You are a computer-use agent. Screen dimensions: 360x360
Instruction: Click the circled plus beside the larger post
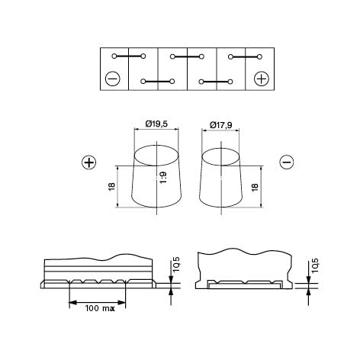88,162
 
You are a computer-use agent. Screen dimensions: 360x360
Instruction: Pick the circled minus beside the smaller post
287,162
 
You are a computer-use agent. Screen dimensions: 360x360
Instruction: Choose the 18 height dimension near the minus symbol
255,186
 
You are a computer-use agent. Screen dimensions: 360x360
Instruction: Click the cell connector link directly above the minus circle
128,56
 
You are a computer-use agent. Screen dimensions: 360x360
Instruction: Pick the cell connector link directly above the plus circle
246,56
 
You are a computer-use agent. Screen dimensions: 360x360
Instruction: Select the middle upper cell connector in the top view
187,56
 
